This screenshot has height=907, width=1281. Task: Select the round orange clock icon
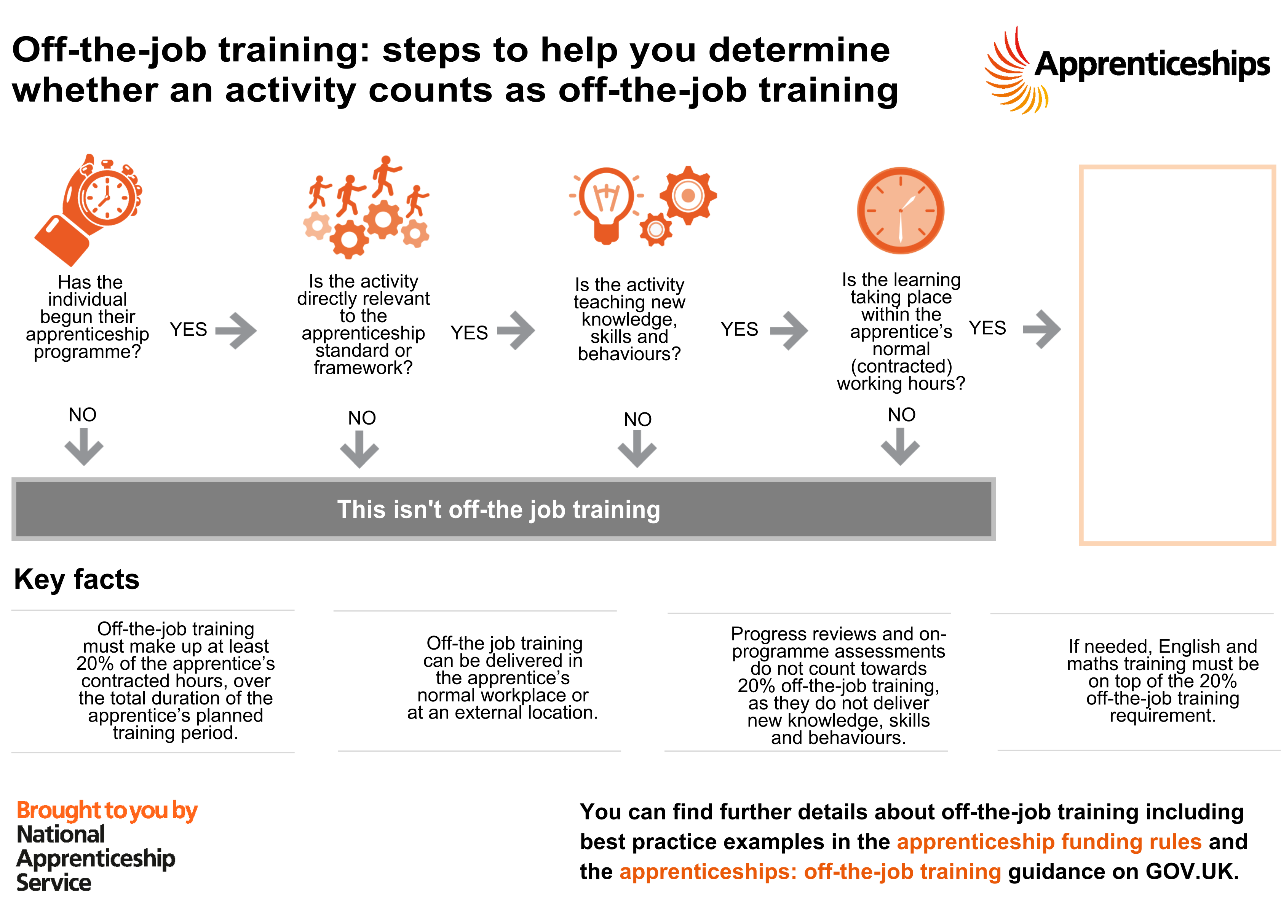point(900,211)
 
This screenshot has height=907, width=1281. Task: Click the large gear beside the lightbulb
point(688,195)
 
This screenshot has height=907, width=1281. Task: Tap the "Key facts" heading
point(77,579)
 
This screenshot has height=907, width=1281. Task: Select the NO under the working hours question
point(901,414)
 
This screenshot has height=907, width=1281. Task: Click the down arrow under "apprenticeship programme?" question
point(84,447)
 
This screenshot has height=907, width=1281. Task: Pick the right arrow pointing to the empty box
point(1041,329)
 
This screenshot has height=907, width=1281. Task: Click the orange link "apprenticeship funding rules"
point(1049,841)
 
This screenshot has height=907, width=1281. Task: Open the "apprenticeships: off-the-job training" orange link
point(810,871)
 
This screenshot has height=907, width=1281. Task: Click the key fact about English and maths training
point(1163,681)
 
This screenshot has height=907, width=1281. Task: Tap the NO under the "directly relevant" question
point(362,418)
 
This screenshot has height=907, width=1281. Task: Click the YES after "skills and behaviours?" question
point(740,329)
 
